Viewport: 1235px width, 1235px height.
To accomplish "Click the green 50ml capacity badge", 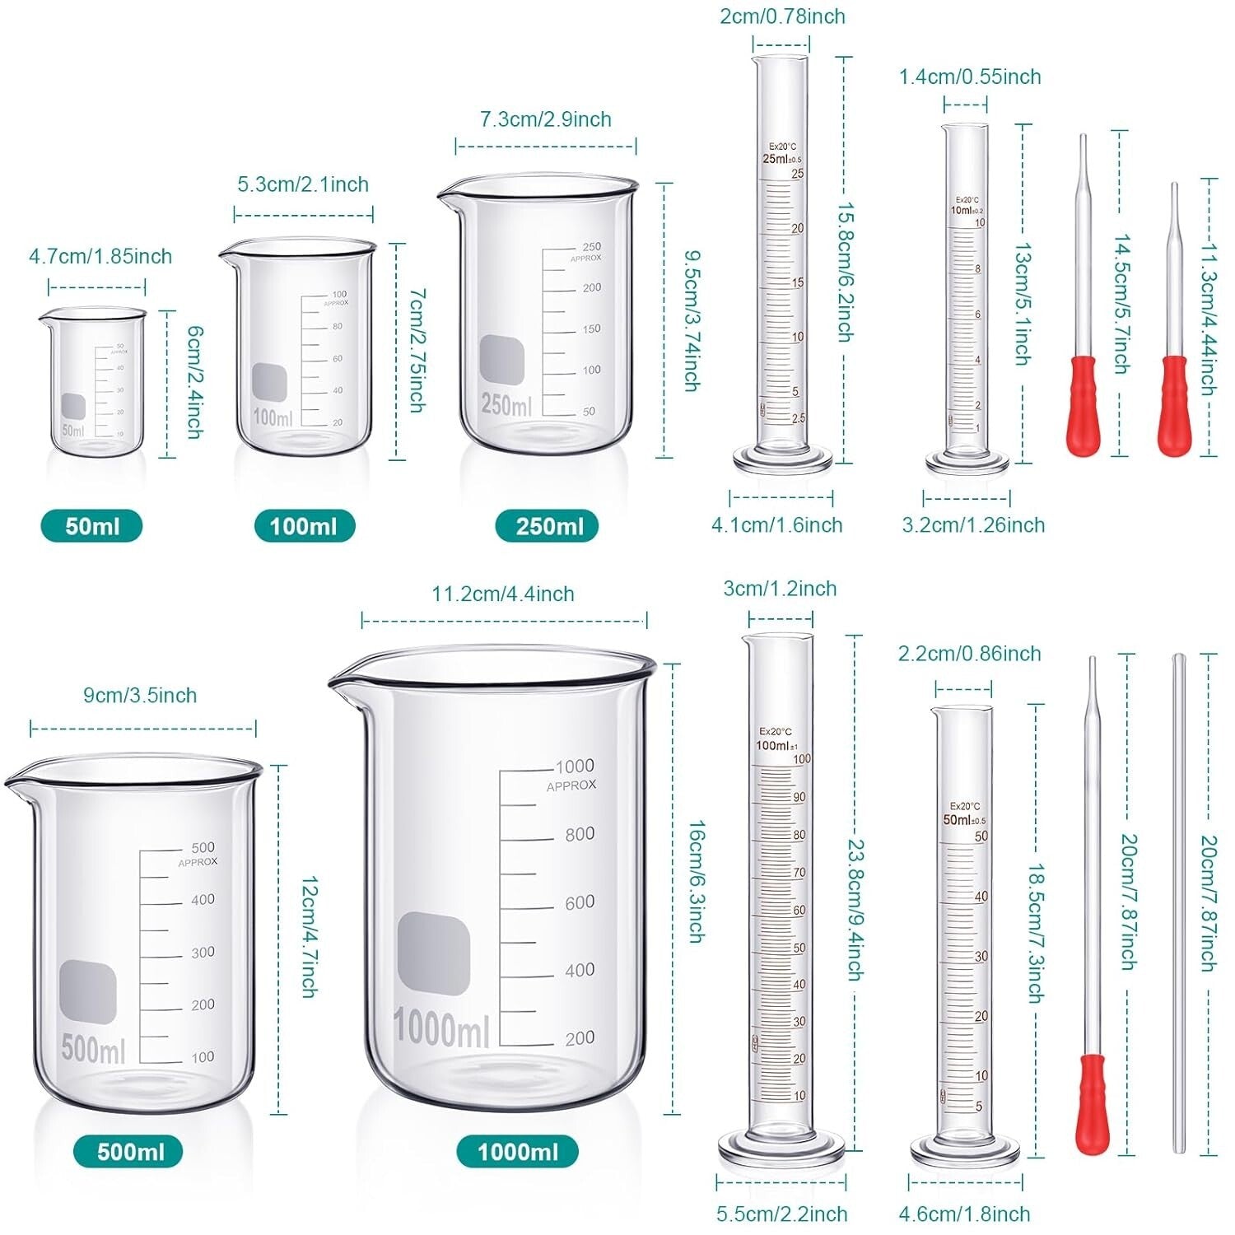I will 91,526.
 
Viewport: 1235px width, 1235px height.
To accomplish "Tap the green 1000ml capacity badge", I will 517,1151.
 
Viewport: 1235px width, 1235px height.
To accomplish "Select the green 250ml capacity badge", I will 548,526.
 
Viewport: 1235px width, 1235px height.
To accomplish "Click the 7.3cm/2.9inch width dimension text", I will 546,119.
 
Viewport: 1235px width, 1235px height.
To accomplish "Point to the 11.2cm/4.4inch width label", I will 503,594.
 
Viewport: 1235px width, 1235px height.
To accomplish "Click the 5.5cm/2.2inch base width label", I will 781,1214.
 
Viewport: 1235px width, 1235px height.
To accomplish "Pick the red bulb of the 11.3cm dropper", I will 1174,403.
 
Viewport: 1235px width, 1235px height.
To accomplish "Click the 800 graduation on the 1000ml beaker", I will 580,834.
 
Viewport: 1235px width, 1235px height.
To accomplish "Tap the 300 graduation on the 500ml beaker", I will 203,953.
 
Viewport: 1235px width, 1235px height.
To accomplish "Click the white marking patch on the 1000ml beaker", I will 434,951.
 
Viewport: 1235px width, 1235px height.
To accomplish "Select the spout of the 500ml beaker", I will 15,780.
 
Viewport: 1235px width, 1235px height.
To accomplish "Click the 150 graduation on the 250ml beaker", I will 591,329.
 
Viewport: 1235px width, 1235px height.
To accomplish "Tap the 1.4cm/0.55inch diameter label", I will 970,77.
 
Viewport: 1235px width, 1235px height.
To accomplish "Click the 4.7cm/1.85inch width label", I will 100,256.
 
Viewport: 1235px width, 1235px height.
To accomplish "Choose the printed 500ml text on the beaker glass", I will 93,1050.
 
